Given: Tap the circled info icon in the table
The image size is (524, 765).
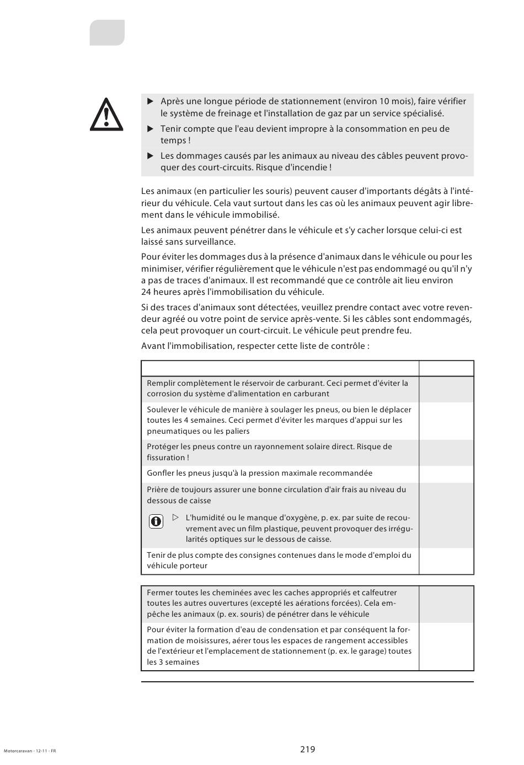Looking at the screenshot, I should pos(156,521).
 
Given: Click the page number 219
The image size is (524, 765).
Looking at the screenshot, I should pos(308,749).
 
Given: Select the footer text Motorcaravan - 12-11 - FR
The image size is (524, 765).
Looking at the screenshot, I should pos(30,751).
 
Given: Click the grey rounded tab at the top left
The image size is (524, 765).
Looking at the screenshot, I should pos(107,33).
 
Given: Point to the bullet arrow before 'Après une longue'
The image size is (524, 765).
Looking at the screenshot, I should pos(150,101).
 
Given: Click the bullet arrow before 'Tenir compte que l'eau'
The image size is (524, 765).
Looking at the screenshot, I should pos(150,129).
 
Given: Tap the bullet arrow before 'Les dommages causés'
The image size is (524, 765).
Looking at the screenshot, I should pos(150,156).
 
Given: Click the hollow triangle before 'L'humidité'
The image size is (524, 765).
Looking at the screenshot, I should pos(175,518).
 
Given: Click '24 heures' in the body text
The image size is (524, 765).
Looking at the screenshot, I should pos(160,292).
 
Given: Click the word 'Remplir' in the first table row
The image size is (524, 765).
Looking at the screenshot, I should pos(161,383).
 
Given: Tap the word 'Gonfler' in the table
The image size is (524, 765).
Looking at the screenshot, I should pos(161,473).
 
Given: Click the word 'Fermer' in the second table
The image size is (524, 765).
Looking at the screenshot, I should pos(159,592).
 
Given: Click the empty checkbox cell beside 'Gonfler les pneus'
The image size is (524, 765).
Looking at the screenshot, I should pos(446,474).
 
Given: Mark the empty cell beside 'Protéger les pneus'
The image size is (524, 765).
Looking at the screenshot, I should pos(446,452).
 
